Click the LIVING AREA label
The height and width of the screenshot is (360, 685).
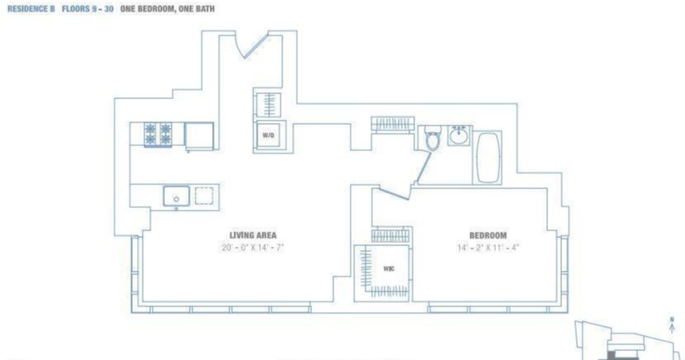[x=253, y=234]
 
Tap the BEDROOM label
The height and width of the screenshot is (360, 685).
[x=488, y=234]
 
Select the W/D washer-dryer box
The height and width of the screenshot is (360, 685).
[x=268, y=135]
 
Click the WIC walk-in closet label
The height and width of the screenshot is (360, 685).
[x=389, y=268]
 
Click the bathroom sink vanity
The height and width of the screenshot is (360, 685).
[x=459, y=135]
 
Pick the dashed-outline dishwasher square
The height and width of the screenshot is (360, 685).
[x=204, y=195]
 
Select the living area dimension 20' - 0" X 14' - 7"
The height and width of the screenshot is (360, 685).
[x=253, y=247]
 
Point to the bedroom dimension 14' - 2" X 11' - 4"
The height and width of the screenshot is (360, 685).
[x=488, y=247]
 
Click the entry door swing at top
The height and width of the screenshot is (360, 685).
[x=251, y=45]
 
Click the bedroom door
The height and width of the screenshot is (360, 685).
[x=394, y=193]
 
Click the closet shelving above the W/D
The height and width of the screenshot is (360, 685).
[x=269, y=105]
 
